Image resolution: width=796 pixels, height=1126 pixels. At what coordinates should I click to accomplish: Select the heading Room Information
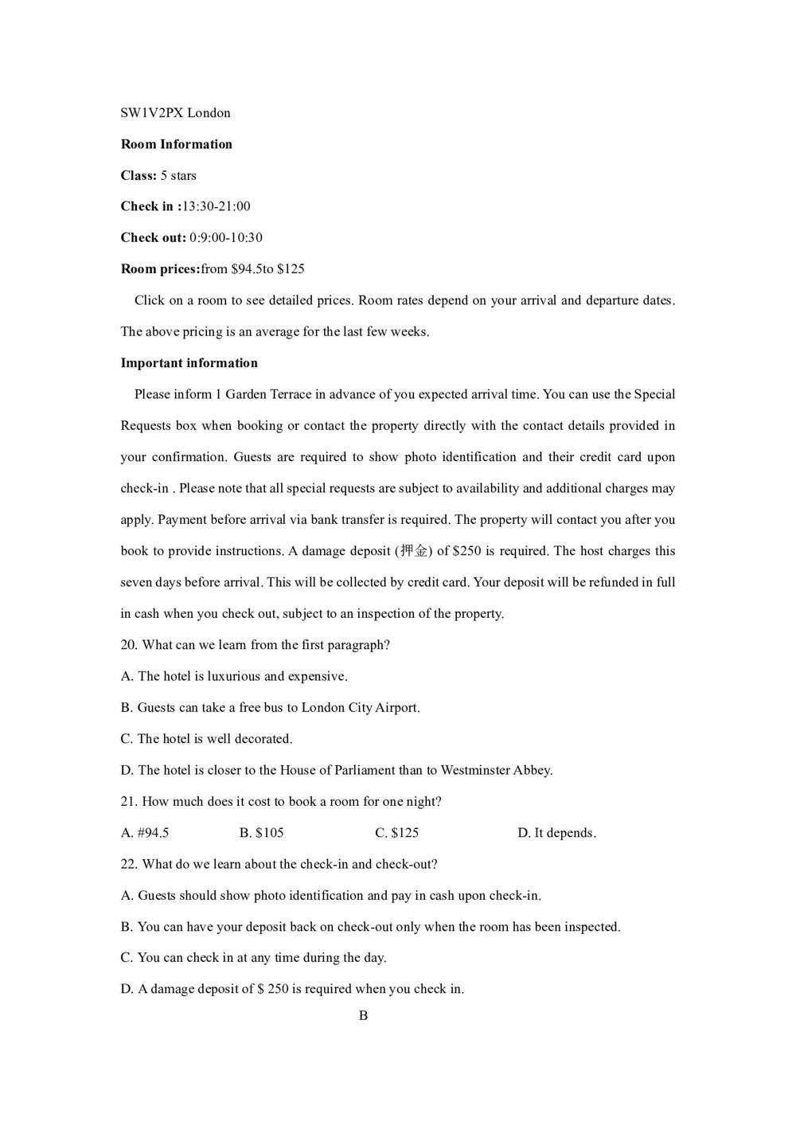[176, 144]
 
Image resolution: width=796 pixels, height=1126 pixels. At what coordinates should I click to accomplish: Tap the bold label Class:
[139, 175]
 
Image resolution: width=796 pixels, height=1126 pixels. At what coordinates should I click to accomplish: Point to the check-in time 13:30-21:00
[217, 206]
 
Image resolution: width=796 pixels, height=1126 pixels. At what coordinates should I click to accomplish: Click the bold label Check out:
[153, 237]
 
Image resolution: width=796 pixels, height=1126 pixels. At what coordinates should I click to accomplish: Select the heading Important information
[189, 363]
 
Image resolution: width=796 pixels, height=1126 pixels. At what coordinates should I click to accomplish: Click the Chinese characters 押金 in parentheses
[414, 551]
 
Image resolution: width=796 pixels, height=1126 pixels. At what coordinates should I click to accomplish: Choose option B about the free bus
[270, 708]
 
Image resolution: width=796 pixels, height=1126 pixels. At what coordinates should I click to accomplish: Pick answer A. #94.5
[145, 833]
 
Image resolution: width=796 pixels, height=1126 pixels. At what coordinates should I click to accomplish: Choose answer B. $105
[261, 833]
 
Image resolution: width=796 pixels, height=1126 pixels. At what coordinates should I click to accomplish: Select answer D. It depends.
[556, 833]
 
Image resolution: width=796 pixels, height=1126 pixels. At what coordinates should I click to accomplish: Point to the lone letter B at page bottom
[363, 1015]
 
